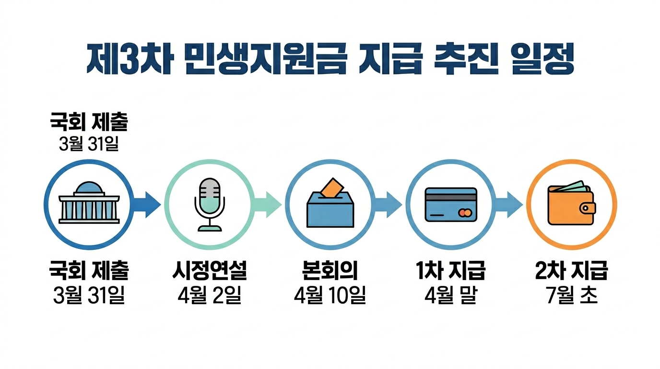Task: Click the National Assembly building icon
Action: [x=89, y=205]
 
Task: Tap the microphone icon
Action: [x=210, y=205]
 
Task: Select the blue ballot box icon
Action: [x=330, y=209]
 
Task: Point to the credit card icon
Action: [x=451, y=205]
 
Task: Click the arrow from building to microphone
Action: [x=148, y=205]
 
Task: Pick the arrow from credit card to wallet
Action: [x=509, y=205]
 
